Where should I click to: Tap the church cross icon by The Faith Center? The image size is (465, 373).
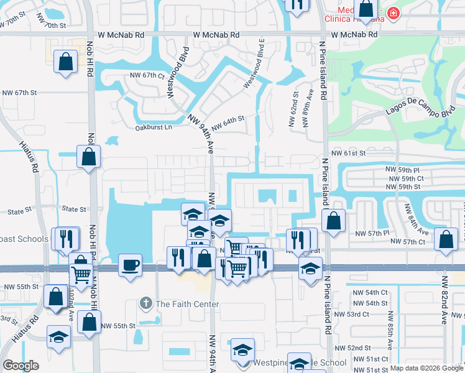pyautogui.click(x=146, y=304)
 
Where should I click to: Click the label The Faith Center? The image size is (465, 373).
pyautogui.click(x=187, y=304)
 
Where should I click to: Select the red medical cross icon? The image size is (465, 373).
pyautogui.click(x=393, y=12)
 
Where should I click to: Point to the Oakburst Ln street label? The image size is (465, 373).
pyautogui.click(x=154, y=128)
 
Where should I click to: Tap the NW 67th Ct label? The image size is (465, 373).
pyautogui.click(x=147, y=75)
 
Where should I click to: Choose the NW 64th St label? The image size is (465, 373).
pyautogui.click(x=229, y=122)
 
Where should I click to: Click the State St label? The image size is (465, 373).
pyautogui.click(x=72, y=210)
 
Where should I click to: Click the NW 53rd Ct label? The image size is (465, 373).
pyautogui.click(x=357, y=314)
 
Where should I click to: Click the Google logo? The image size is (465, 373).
pyautogui.click(x=21, y=366)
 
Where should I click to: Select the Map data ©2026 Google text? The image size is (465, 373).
pyautogui.click(x=426, y=368)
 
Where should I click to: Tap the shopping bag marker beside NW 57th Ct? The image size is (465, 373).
pyautogui.click(x=446, y=239)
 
